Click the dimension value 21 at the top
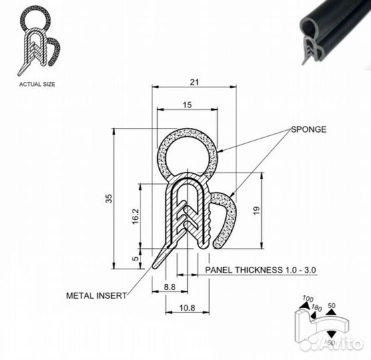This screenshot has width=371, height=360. pyautogui.click(x=194, y=82)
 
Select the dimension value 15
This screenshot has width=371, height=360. pyautogui.click(x=187, y=105)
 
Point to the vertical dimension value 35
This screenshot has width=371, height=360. pyautogui.click(x=109, y=199)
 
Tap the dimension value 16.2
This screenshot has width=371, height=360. pyautogui.click(x=135, y=216)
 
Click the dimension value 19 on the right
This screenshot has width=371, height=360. pyautogui.click(x=256, y=210)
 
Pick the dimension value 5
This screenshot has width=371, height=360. pyautogui.click(x=135, y=259)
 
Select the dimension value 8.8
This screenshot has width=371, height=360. pyautogui.click(x=170, y=287)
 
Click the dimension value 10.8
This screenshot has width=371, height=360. pyautogui.click(x=187, y=308)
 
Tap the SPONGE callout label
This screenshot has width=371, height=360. pyautogui.click(x=308, y=129)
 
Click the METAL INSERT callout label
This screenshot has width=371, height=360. pyautogui.click(x=97, y=295)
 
